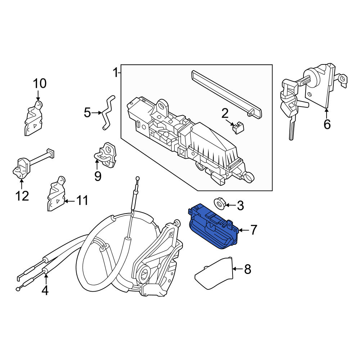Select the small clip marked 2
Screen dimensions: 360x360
(238, 128)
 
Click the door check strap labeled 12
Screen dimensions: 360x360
(32, 163)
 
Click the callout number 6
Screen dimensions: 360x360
(327, 124)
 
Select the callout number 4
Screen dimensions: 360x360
(45, 290)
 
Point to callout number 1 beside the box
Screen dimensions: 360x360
(115, 73)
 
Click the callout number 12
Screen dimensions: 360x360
(22, 196)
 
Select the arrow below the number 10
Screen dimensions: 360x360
(38, 95)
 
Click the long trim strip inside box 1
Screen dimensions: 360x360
(226, 94)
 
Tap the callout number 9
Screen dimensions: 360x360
(98, 176)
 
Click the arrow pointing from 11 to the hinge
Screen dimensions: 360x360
(69, 201)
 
